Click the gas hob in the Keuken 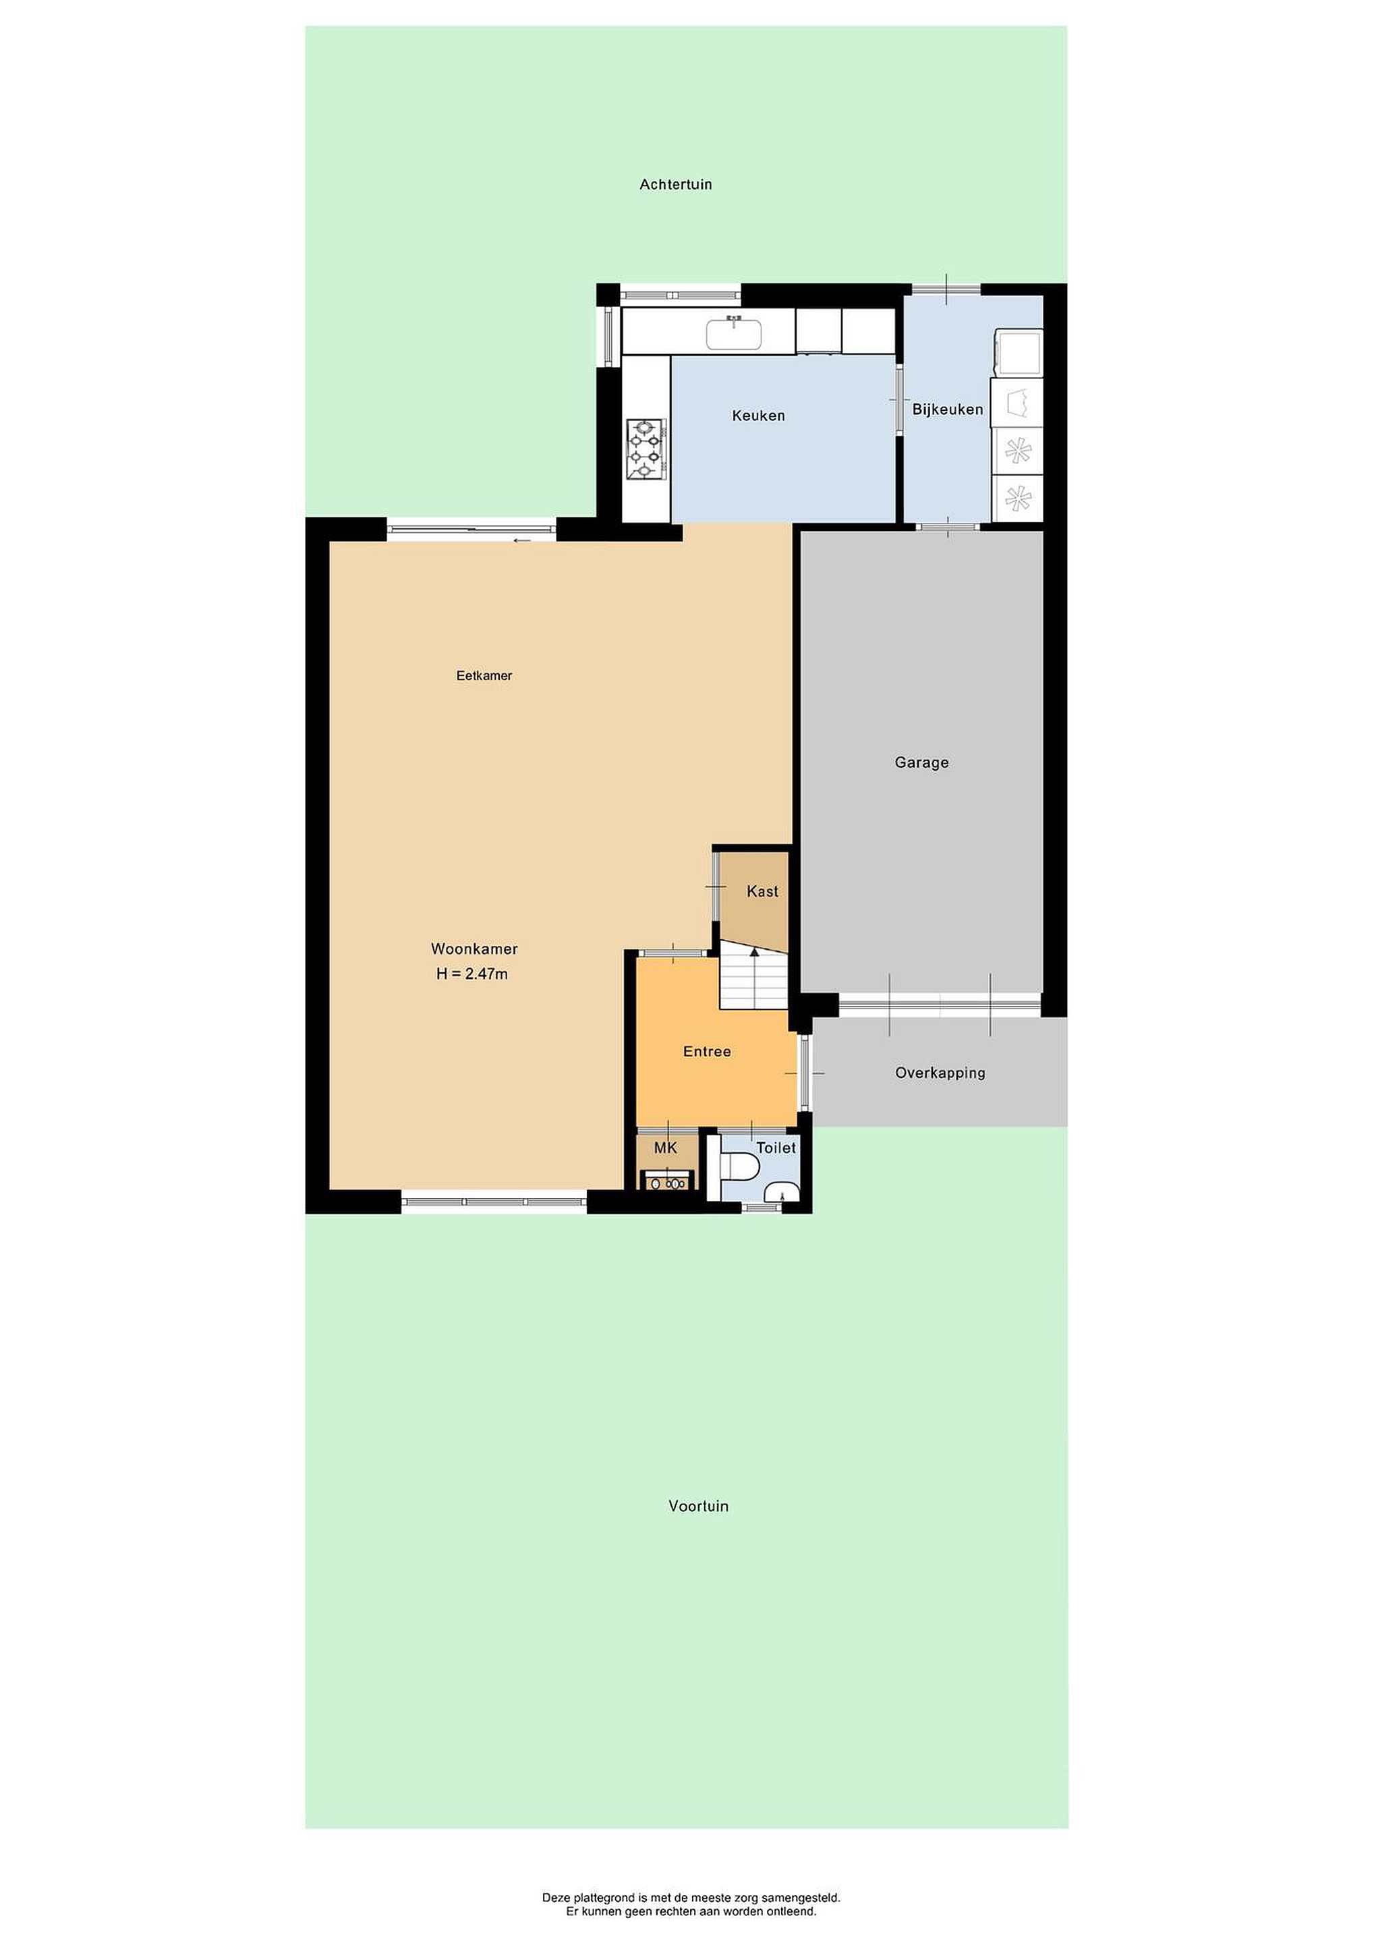648,449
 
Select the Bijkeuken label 948,410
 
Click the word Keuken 758,416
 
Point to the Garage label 921,762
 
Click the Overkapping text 940,1073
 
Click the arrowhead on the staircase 754,952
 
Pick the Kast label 762,891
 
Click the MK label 666,1148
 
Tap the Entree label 708,1051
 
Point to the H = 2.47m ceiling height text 472,974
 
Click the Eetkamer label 484,675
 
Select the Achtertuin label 676,184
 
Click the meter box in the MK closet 668,1181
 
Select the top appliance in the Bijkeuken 1018,352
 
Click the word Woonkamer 474,949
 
